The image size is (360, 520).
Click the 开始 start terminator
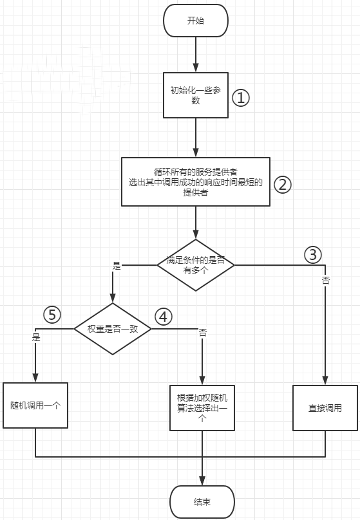[x=196, y=21]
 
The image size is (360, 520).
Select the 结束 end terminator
[x=202, y=502]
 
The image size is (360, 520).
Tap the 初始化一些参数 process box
[x=196, y=95]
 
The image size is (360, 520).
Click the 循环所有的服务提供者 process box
[x=196, y=181]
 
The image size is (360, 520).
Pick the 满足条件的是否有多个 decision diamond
[x=196, y=265]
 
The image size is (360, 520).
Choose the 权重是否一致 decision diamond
[x=113, y=329]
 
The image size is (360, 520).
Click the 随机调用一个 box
[x=35, y=405]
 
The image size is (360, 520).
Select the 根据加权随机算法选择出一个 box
[x=202, y=408]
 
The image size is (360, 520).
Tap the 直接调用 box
[x=325, y=408]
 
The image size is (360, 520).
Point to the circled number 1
[x=241, y=98]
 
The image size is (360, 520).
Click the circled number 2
[x=282, y=185]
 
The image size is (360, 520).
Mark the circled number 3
[x=313, y=255]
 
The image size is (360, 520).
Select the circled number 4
[x=163, y=317]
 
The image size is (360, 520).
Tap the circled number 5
[x=52, y=315]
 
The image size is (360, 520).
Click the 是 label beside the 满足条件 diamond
[x=117, y=266]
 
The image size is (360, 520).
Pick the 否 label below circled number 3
[x=325, y=281]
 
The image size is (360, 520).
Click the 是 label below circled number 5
[x=36, y=337]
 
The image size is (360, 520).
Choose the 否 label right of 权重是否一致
[x=202, y=333]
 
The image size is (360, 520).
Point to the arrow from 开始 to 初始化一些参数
[x=196, y=55]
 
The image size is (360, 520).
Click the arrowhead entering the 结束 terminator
[x=202, y=481]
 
